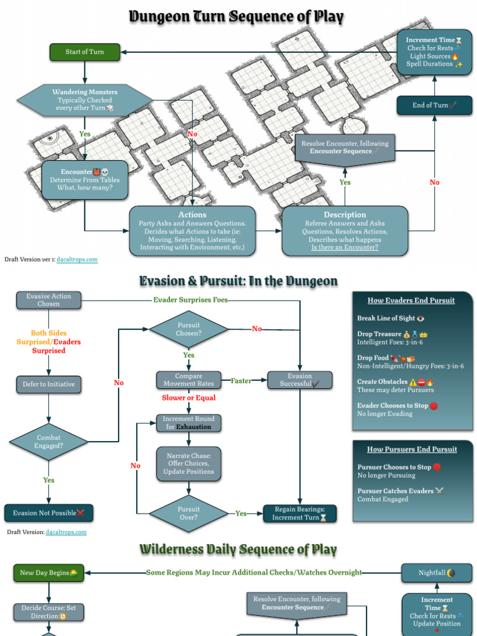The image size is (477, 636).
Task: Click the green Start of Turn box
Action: [x=84, y=52]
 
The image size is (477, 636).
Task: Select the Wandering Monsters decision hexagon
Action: [x=84, y=100]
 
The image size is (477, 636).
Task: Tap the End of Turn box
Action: [x=434, y=106]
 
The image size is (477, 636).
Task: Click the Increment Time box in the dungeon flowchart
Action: [x=434, y=52]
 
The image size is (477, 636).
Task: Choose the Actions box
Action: [x=193, y=231]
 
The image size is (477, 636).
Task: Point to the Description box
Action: [x=345, y=231]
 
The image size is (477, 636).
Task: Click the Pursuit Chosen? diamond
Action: [x=188, y=329]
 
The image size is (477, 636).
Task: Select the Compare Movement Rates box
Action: [x=188, y=380]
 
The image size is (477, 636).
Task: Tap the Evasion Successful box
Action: [x=300, y=380]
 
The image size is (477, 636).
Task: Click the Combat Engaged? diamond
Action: [x=48, y=442]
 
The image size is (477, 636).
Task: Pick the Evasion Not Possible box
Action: [x=48, y=513]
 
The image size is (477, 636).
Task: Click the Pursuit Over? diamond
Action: [x=188, y=513]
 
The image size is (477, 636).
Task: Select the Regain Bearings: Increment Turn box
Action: [x=300, y=513]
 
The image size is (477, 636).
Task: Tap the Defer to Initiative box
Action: [x=48, y=384]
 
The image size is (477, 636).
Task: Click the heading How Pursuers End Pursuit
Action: [x=412, y=449]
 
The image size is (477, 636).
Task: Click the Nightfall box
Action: [x=437, y=573]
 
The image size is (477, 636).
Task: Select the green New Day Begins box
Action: [x=48, y=573]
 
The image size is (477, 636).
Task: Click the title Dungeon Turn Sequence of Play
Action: [x=236, y=17]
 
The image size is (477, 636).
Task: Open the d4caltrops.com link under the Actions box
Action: [x=77, y=260]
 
